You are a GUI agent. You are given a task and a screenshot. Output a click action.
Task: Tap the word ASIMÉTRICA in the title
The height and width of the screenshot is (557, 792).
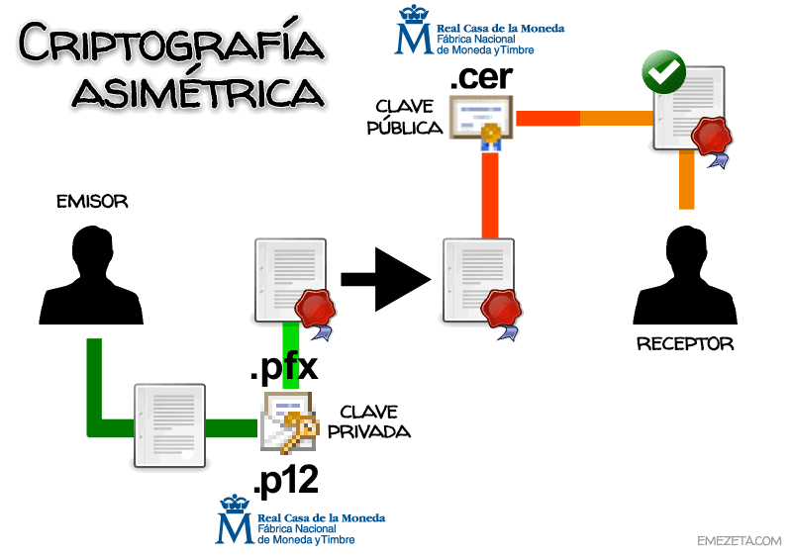[x=198, y=92]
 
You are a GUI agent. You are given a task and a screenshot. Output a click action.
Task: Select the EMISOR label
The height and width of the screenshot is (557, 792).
[x=92, y=203]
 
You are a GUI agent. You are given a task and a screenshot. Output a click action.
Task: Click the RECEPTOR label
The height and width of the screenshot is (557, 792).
[x=684, y=344]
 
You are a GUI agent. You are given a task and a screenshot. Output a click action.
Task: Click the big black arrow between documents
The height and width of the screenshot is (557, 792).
[x=387, y=279]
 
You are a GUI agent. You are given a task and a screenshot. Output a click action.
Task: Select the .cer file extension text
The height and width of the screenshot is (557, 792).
[x=481, y=76]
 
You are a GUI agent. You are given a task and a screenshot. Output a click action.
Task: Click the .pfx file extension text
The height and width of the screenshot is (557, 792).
[x=283, y=368]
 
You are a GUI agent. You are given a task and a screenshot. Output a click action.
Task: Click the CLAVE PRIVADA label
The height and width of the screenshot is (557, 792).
[x=374, y=420]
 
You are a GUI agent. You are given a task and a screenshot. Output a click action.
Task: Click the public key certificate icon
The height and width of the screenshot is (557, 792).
[x=481, y=120]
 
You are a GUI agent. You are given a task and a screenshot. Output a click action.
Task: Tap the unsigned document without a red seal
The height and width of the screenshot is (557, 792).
[x=171, y=426]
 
